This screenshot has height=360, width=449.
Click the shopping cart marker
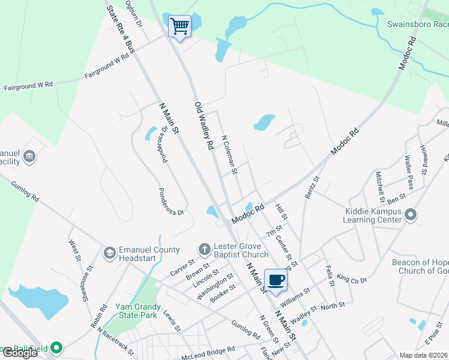coord(179,26)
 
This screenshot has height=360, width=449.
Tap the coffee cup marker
coord(276,280)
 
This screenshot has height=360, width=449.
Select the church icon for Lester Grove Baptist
coord(204,249)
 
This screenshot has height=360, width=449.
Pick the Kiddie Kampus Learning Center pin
coord(411,215)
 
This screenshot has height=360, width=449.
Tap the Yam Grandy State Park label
coord(136,310)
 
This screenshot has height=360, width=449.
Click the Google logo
coord(20,353)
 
